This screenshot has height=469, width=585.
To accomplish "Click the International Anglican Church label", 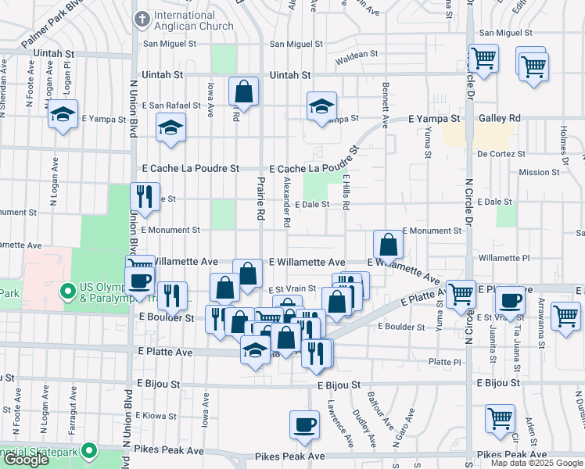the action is tap(194, 20).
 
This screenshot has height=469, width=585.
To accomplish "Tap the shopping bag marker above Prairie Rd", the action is tap(244, 91).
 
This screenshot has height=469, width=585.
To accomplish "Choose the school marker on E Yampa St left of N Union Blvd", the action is tap(63, 116).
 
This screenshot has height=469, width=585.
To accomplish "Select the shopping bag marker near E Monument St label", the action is tap(388, 245).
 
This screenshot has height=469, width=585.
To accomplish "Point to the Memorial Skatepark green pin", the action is tap(90, 451).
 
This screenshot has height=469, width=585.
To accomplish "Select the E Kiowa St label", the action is tap(159, 415).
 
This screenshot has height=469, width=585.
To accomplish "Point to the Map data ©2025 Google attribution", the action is tap(536, 463).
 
